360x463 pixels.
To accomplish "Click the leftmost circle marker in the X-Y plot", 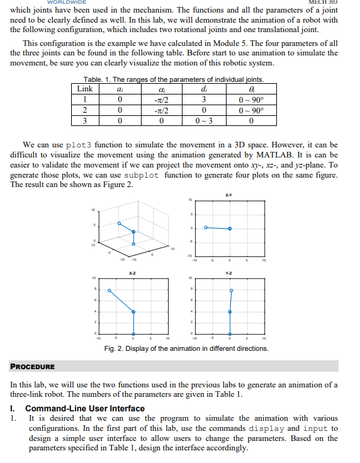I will pyautogui.click(x=205, y=228).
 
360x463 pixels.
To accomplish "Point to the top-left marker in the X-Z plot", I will pyautogui.click(x=110, y=290).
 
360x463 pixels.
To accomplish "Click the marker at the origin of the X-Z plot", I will pyautogui.click(x=133, y=334).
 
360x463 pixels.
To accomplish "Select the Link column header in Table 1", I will pyautogui.click(x=84, y=89).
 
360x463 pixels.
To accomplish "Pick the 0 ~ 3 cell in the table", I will pyautogui.click(x=206, y=120).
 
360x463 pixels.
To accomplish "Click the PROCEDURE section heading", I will pyautogui.click(x=32, y=366).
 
